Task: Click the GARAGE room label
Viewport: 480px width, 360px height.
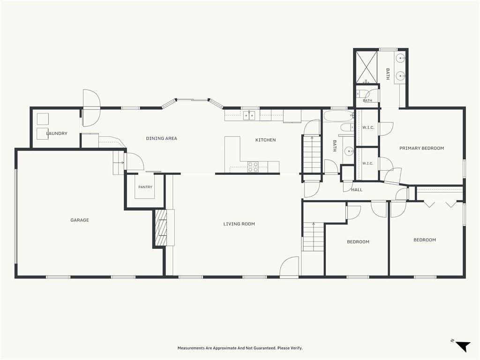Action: click(80, 220)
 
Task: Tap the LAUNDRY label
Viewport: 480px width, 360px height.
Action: click(57, 134)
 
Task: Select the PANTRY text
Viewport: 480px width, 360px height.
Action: click(145, 187)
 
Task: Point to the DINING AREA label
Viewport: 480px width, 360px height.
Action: click(161, 138)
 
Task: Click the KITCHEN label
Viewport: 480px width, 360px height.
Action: click(265, 140)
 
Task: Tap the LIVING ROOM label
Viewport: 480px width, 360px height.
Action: click(239, 224)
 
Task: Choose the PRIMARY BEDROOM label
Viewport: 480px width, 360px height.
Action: click(421, 148)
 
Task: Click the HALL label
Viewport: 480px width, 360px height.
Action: click(357, 190)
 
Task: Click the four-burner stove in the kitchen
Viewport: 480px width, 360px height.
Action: click(253, 166)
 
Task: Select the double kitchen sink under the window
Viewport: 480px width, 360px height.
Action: click(249, 115)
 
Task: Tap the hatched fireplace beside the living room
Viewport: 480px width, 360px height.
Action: click(161, 228)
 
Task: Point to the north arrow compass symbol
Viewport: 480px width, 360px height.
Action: click(462, 345)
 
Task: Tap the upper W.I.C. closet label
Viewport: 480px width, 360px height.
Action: click(368, 127)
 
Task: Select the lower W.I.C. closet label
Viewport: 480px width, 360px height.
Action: click(367, 164)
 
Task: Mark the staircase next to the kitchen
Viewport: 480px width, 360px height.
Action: click(311, 154)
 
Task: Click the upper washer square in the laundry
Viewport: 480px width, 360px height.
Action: click(43, 119)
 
